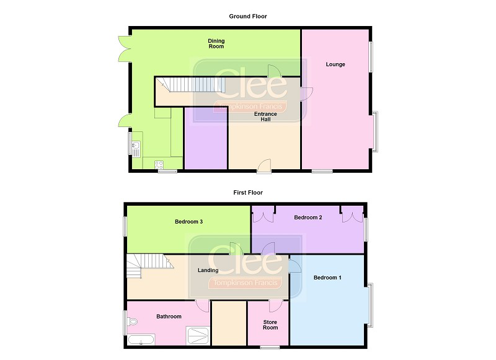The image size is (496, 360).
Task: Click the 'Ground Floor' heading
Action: [247, 17]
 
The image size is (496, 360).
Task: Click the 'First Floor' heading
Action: [248, 193]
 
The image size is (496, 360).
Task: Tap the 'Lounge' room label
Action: [335, 64]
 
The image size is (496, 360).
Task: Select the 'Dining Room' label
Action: [216, 43]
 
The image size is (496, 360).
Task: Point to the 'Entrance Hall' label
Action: [265, 116]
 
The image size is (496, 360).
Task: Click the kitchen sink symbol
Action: [136, 149]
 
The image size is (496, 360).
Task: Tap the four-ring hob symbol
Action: [159, 165]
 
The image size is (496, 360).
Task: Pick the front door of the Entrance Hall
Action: [265, 166]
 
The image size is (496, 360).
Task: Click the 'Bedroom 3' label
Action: [188, 222]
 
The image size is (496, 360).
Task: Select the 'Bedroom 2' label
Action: [308, 217]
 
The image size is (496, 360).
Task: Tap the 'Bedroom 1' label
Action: [327, 278]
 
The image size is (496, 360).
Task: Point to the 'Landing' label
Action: [208, 270]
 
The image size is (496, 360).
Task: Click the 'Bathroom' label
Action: [169, 317]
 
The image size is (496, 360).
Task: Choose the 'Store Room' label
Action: [270, 325]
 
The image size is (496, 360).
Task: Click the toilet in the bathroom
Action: [132, 322]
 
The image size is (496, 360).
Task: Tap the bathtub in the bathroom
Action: [141, 340]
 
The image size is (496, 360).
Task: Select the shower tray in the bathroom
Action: [198, 336]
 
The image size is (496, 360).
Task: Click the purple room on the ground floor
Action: [206, 138]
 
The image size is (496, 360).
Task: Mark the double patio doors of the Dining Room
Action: [125, 49]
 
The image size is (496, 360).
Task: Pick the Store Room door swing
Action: [276, 306]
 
